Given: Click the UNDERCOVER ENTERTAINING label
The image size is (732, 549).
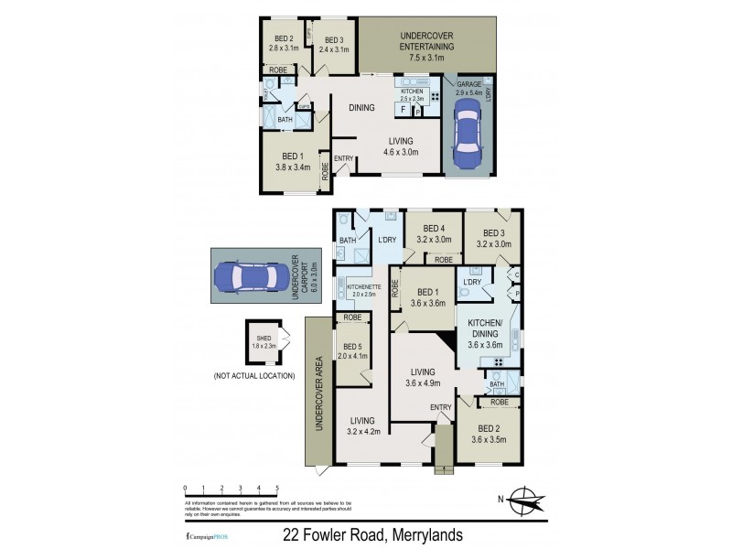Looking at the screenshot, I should [427, 46].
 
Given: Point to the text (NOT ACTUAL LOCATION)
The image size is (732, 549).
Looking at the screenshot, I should [253, 376].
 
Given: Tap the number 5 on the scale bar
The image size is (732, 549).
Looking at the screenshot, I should [276, 489].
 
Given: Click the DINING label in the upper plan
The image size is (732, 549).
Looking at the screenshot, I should [361, 108].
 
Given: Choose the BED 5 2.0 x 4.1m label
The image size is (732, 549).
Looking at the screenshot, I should [351, 351].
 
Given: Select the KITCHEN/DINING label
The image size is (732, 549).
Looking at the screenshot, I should [487, 335].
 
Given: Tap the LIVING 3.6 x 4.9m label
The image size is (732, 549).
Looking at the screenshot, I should [422, 377].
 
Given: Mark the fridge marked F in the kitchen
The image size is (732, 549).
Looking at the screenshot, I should [403, 110].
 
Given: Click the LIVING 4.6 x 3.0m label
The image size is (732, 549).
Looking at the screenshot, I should [400, 146].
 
